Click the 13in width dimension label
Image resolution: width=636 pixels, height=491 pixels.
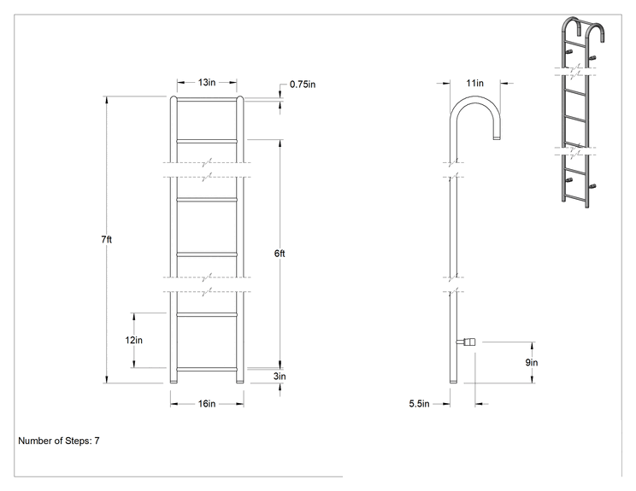point(207,82)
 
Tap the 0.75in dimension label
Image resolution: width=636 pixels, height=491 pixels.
point(303,85)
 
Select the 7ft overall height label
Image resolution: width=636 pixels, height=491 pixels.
point(107,239)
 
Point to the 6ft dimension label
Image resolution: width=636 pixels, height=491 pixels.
point(280,254)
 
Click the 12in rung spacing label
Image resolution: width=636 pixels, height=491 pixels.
point(134,340)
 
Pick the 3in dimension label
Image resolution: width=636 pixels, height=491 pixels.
point(280,376)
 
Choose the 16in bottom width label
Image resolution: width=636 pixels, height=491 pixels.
point(207,404)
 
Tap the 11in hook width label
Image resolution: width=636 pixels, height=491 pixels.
point(475,83)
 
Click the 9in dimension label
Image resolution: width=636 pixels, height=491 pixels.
point(532,362)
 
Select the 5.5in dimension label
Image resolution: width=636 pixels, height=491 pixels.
point(419,404)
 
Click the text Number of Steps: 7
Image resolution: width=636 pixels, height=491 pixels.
point(59,441)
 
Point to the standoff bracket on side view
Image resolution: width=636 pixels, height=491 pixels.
point(466,342)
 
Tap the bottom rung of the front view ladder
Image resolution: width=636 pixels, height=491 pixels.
point(207,370)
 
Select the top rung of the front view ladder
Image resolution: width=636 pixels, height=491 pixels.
point(207,99)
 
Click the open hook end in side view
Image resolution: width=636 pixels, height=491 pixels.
point(497,138)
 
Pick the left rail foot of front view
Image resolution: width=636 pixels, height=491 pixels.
point(174,380)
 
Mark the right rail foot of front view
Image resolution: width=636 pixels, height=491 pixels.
point(240,380)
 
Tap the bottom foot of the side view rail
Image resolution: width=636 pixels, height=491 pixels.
point(453,380)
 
